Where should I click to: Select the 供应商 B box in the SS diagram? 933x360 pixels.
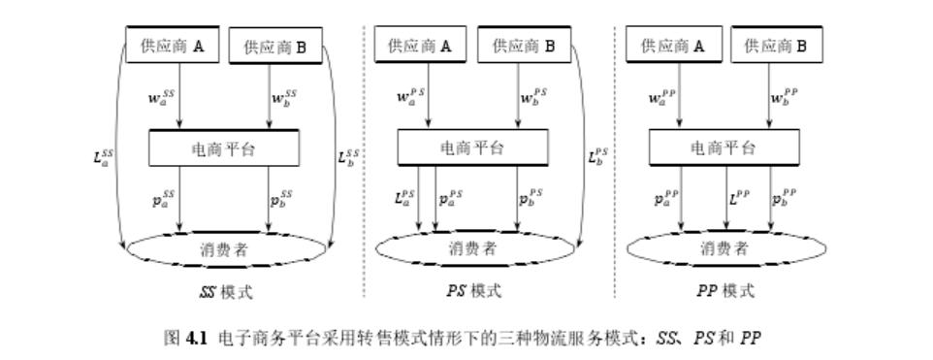275,47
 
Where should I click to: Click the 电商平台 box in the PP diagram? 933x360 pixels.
724,147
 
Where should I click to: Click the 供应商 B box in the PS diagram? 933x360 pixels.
524,45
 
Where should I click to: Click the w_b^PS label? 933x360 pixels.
533,96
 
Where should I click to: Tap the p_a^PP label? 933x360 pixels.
666,200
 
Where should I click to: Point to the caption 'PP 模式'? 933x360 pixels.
724,291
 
